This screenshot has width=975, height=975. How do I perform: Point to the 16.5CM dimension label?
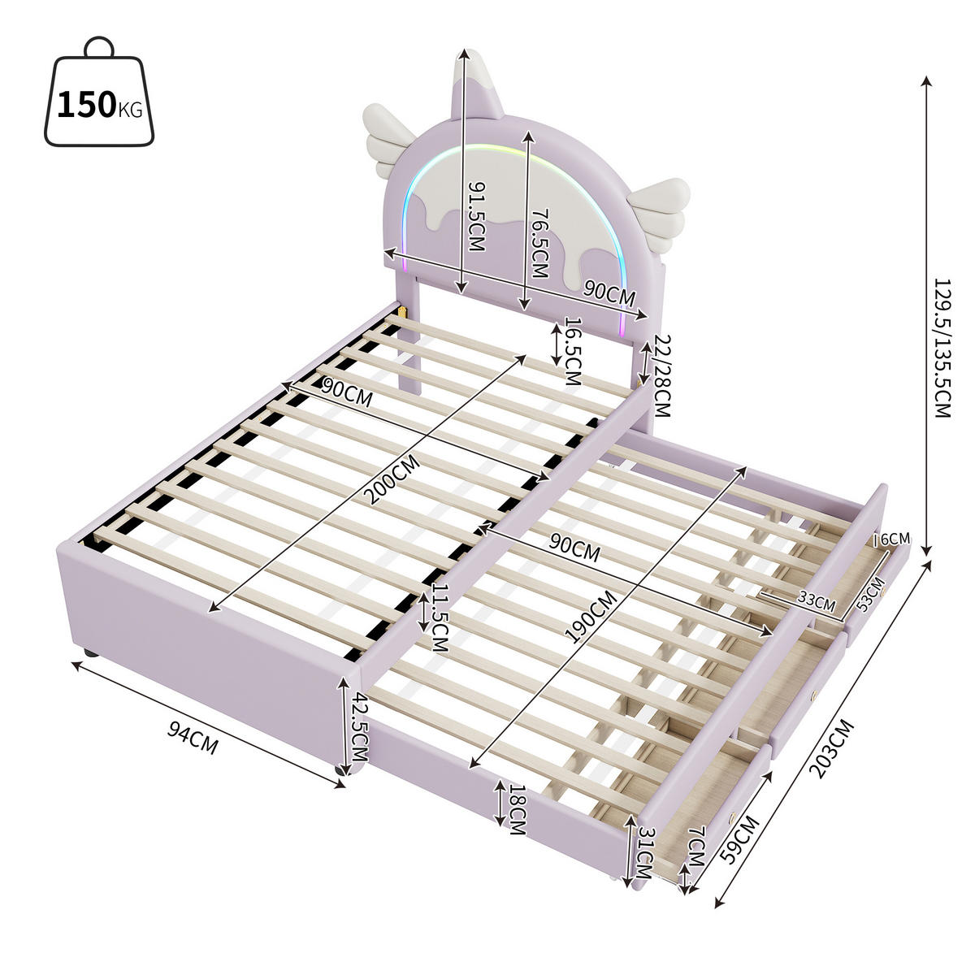pyautogui.click(x=572, y=352)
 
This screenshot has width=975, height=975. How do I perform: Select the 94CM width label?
pyautogui.click(x=193, y=739)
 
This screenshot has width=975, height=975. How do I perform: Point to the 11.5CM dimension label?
pyautogui.click(x=439, y=617)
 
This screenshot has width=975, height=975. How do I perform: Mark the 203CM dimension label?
pyautogui.click(x=833, y=748)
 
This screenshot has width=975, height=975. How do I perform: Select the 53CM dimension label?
pyautogui.click(x=870, y=593)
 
